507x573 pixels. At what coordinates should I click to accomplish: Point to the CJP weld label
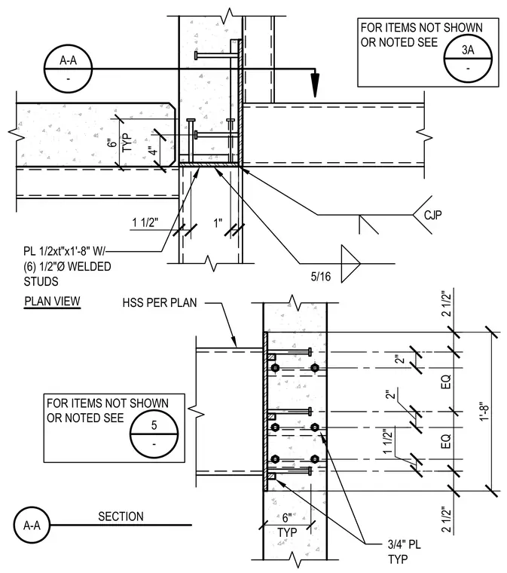coord(433,215)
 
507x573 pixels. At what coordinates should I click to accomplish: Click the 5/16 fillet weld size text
coord(321,277)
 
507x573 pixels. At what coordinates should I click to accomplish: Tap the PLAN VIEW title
coord(52,301)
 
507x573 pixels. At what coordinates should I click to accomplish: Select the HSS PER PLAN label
coord(160,302)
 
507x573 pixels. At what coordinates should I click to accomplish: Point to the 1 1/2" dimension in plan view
coord(145,222)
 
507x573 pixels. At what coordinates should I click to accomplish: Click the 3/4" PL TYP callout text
coord(404,552)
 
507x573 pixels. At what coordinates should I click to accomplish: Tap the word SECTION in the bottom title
coord(121,516)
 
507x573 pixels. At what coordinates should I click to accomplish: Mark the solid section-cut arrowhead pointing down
coord(315,85)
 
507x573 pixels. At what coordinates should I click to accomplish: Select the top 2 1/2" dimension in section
coord(447,304)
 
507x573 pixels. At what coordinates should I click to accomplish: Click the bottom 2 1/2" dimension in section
coord(447,519)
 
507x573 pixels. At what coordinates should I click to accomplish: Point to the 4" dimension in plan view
coord(154,151)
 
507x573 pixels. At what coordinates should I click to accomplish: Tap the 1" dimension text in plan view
coord(218,222)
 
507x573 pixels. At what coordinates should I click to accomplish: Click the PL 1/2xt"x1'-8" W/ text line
coord(64,251)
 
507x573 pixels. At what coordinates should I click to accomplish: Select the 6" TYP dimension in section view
coord(287,526)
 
